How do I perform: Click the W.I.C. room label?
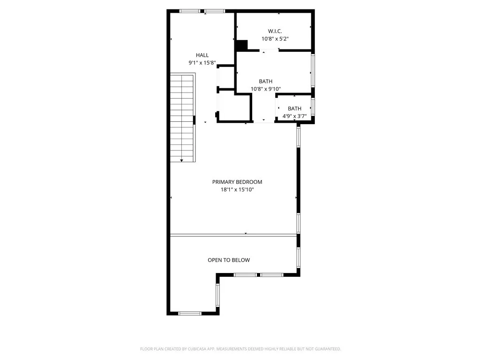click(275, 31)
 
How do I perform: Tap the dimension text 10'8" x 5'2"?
click(275, 39)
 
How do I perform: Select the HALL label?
click(202, 55)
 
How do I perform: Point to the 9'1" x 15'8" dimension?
click(202, 63)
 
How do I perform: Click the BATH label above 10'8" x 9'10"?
click(265, 81)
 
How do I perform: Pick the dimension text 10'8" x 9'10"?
click(265, 89)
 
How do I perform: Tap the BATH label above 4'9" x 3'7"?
click(295, 109)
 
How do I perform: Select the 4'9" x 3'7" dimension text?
click(295, 116)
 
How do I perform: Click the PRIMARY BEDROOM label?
click(237, 182)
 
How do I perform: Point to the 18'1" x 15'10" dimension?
click(237, 189)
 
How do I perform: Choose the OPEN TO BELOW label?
click(229, 260)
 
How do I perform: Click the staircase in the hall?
click(182, 118)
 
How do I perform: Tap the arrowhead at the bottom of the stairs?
click(182, 160)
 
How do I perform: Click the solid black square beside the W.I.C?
click(241, 46)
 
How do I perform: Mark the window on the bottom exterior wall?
click(190, 313)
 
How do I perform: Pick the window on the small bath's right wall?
click(313, 107)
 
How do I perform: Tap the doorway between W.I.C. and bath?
click(270, 51)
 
